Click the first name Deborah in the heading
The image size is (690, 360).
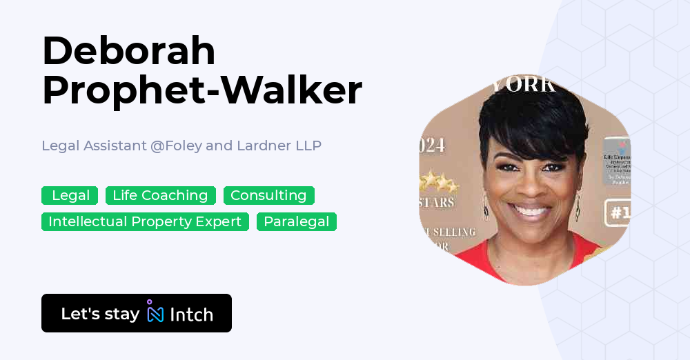(x=128, y=51)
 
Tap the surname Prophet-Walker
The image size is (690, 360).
(x=201, y=90)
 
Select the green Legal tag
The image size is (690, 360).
(x=70, y=196)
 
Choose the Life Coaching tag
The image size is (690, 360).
(x=160, y=196)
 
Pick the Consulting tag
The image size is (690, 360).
(x=268, y=196)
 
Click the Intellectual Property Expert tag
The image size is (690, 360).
(x=145, y=222)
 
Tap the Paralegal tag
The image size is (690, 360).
(x=297, y=222)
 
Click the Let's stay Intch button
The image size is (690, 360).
(x=137, y=314)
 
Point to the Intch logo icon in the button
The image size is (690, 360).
(x=155, y=312)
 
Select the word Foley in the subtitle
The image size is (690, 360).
(x=178, y=146)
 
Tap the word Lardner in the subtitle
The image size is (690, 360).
(x=263, y=146)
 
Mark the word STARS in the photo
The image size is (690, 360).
(x=437, y=203)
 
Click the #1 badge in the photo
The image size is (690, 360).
(x=618, y=213)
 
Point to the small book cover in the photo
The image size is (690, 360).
(x=616, y=161)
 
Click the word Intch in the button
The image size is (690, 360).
(x=191, y=314)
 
